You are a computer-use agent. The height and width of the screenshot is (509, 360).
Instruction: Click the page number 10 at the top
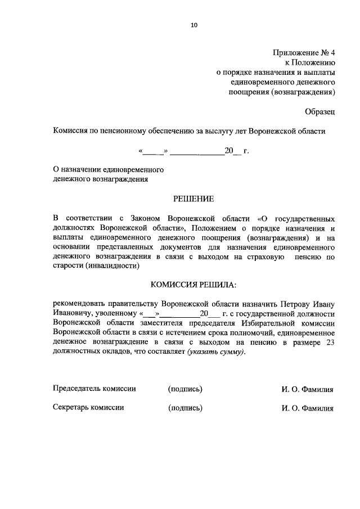pyautogui.click(x=195, y=25)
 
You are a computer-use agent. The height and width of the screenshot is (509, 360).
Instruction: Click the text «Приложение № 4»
pyautogui.click(x=304, y=53)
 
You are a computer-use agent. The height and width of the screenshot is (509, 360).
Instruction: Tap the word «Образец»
pyautogui.click(x=321, y=111)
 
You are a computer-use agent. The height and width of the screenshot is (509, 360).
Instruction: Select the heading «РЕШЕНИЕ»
pyautogui.click(x=193, y=198)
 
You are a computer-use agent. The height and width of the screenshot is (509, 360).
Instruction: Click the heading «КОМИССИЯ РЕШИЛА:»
pyautogui.click(x=193, y=285)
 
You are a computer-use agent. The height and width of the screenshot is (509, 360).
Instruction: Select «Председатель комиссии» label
pyautogui.click(x=94, y=388)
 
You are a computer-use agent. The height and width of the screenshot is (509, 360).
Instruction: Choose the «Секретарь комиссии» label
pyautogui.click(x=88, y=408)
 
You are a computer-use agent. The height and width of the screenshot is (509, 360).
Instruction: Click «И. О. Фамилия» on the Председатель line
pyautogui.click(x=308, y=389)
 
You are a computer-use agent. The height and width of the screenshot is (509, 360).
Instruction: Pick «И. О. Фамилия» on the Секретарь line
pyautogui.click(x=308, y=408)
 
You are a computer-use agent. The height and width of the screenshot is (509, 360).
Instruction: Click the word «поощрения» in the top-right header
pyautogui.click(x=248, y=92)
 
